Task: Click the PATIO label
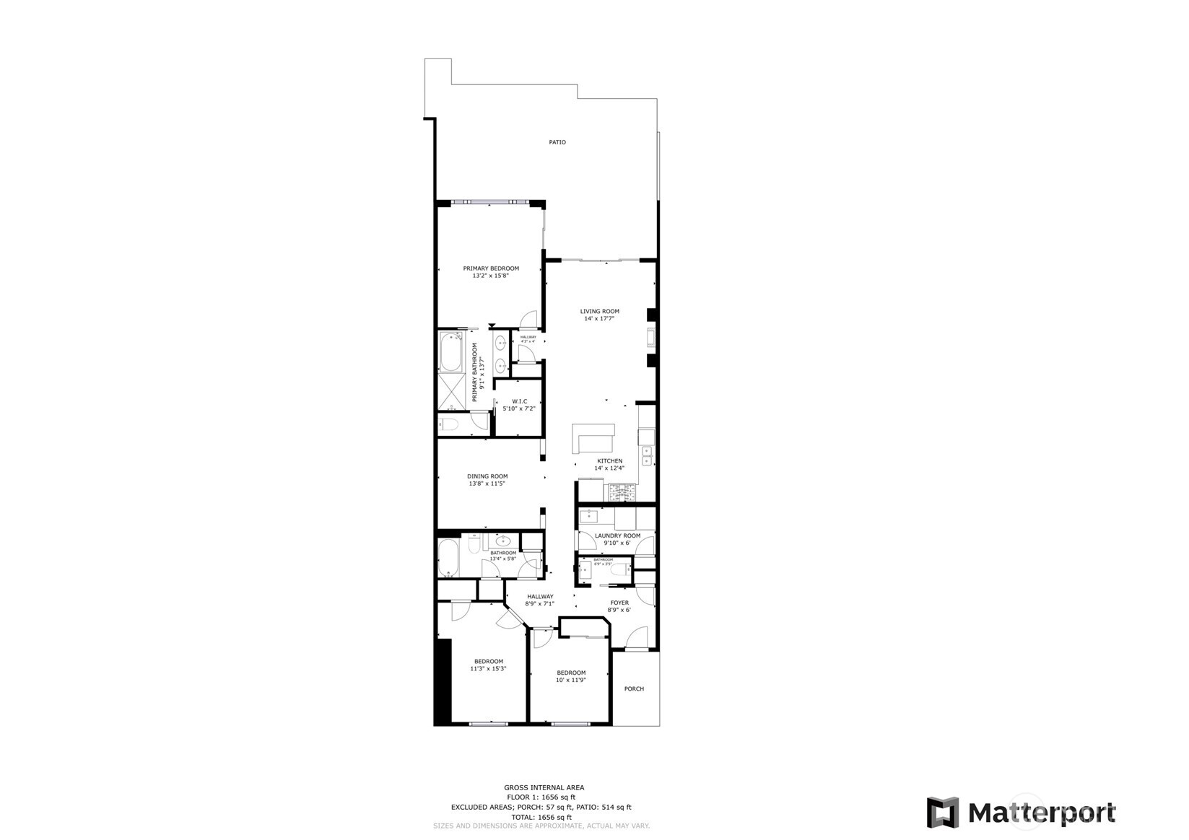(x=557, y=142)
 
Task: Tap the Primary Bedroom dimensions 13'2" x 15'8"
(x=490, y=276)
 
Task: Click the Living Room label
(x=599, y=312)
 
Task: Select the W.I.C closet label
(x=519, y=401)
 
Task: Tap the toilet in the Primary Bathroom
(x=449, y=425)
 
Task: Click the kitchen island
(x=593, y=437)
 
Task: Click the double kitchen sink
(x=647, y=455)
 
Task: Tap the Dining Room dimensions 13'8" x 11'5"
(x=487, y=484)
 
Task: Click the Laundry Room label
(x=617, y=535)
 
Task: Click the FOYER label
(x=619, y=603)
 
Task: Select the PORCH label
(x=634, y=688)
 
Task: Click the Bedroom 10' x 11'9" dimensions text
(x=570, y=680)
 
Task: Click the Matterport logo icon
(x=943, y=813)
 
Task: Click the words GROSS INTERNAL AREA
(x=544, y=787)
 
